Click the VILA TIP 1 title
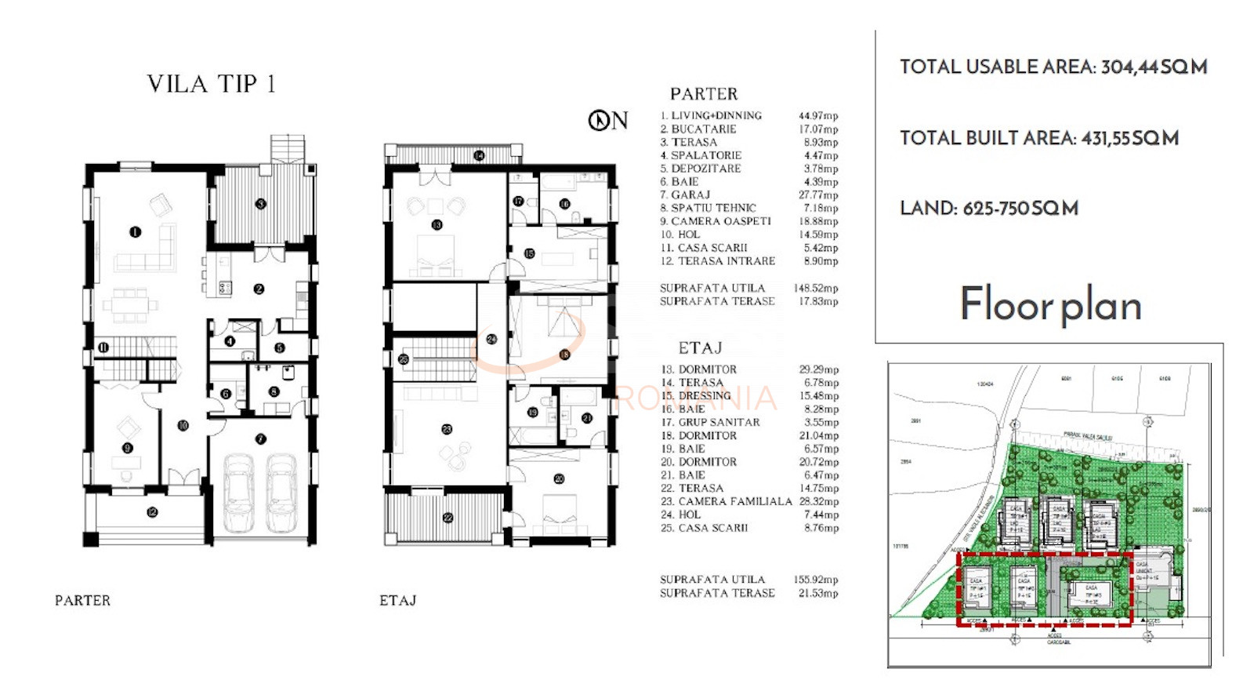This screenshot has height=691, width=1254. coord(211,84)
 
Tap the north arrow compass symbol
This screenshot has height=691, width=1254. coord(599,120)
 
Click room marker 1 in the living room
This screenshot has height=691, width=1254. coord(135,232)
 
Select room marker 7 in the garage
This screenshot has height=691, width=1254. coord(260,439)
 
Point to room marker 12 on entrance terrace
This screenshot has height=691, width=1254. coord(152,512)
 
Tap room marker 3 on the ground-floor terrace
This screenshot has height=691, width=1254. coord(260,204)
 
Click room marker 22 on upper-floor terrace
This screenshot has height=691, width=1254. coord(448,518)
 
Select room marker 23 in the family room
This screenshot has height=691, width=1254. coord(446,429)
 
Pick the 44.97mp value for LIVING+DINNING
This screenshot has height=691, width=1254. coord(818,115)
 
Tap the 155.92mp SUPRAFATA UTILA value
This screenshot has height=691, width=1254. coord(816,580)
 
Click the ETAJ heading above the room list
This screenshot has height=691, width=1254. coord(700,348)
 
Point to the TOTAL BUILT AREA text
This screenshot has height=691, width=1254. coord(1039,138)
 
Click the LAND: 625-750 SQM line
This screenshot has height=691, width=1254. coord(989,208)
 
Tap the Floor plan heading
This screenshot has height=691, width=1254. coord(1050,304)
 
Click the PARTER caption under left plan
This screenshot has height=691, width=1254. coord(82,601)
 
